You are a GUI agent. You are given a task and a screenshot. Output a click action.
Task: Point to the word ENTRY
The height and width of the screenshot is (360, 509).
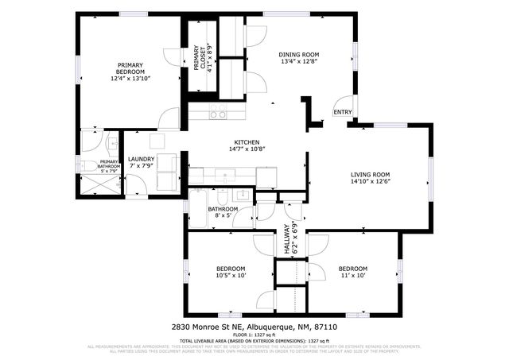(342, 113)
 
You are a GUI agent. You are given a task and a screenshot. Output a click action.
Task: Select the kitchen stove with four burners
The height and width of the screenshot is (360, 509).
(217, 113)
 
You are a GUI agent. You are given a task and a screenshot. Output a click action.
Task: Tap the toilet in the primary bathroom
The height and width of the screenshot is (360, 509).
(89, 166)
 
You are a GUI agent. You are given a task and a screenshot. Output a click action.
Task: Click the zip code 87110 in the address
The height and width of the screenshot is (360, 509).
(326, 327)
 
